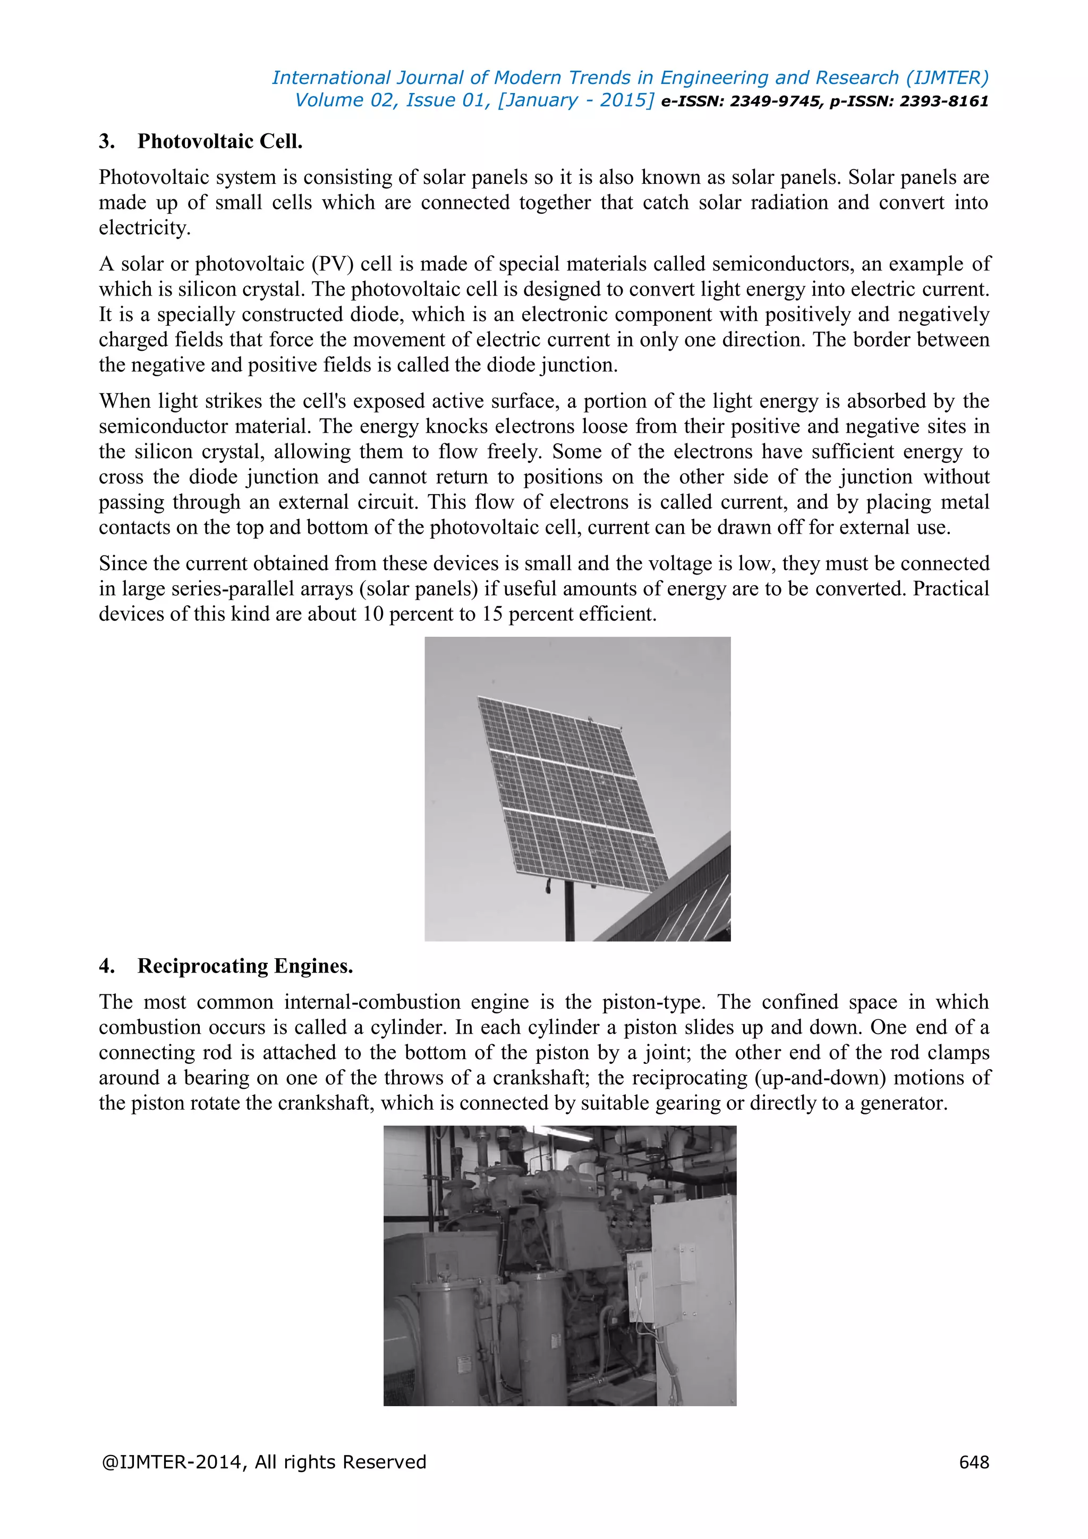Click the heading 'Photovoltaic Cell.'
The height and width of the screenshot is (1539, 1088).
(220, 141)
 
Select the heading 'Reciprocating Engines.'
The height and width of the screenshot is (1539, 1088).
(245, 966)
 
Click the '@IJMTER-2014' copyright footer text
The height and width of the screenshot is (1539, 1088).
(172, 1462)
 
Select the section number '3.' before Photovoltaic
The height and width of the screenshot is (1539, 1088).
(107, 141)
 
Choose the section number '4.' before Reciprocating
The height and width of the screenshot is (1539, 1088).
(107, 966)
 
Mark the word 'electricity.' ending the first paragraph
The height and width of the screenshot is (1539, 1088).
(144, 228)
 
